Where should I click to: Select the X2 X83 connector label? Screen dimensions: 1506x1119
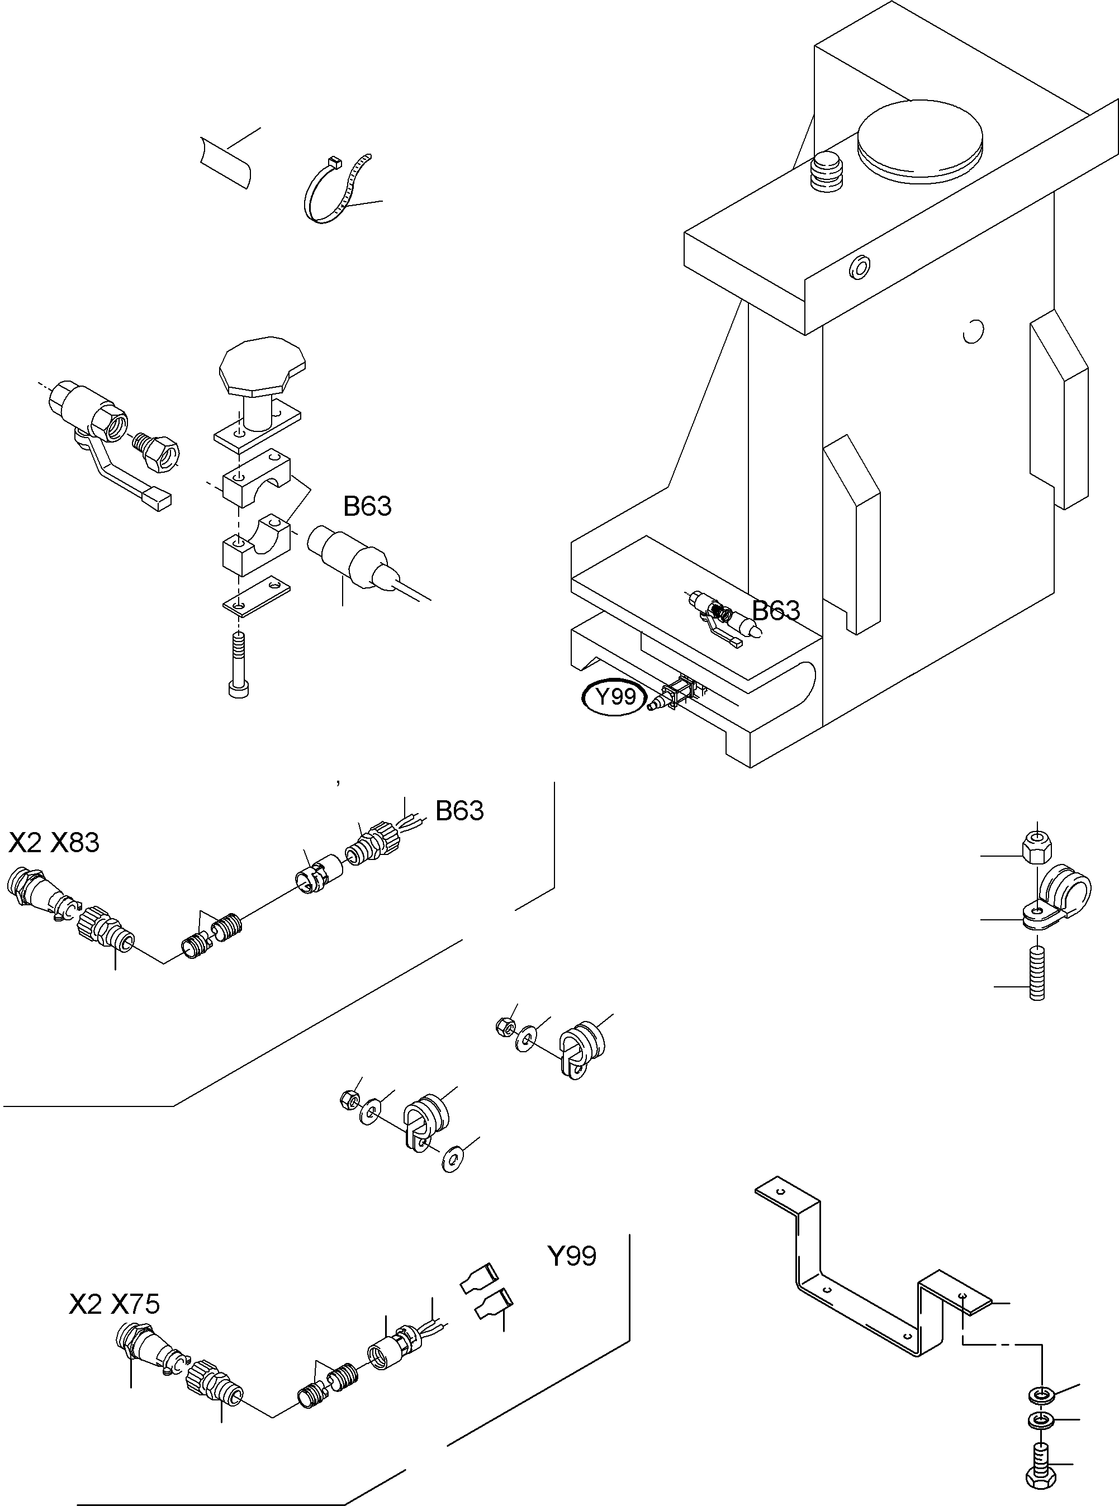[x=54, y=843]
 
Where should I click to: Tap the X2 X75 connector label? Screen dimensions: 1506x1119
[x=115, y=1304]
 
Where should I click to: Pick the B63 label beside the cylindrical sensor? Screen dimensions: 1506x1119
[x=367, y=506]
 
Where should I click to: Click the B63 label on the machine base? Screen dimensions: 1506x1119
[x=776, y=611]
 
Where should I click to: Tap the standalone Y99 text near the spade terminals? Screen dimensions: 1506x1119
[x=572, y=1256]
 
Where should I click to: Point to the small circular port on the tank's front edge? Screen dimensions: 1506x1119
[x=860, y=268]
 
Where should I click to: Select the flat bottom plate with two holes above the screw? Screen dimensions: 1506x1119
[x=256, y=595]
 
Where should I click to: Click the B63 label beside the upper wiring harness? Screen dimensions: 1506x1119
[x=459, y=811]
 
